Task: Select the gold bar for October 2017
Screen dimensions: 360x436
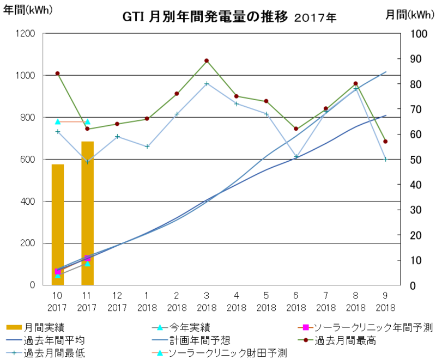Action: [58, 224]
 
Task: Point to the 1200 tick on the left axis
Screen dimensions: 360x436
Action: [27, 34]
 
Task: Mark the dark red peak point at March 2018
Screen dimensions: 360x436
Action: [207, 60]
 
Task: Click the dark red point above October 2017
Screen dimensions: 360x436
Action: [58, 74]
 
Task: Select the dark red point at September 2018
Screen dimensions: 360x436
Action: [385, 142]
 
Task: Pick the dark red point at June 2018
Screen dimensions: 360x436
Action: [296, 129]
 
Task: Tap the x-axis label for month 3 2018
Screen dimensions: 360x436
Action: [207, 301]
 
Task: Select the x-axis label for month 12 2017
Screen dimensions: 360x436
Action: [117, 301]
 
